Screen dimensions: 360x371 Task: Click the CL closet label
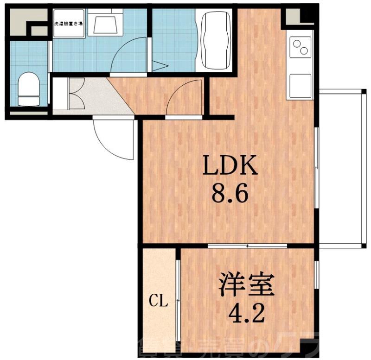pos(158,302)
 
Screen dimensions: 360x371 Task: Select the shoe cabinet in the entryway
pos(60,95)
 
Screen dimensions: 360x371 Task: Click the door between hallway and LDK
pos(184,100)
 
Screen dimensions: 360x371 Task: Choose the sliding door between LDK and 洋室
pos(247,246)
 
